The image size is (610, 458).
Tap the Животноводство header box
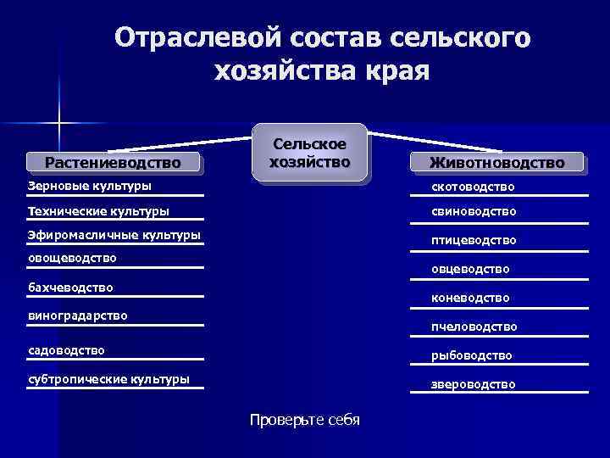click(x=496, y=162)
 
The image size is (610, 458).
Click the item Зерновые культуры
click(x=90, y=185)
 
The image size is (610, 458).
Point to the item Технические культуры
click(x=98, y=210)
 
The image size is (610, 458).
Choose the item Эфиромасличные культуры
click(x=114, y=235)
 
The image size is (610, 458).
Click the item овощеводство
click(x=72, y=257)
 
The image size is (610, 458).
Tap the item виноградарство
click(x=77, y=316)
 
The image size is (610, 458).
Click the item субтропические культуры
click(x=108, y=378)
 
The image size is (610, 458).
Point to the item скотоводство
click(x=473, y=186)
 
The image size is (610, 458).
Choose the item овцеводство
click(x=470, y=269)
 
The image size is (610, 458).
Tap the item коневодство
click(x=470, y=298)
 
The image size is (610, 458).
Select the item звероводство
click(x=473, y=384)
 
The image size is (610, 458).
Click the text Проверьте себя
click(x=305, y=420)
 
